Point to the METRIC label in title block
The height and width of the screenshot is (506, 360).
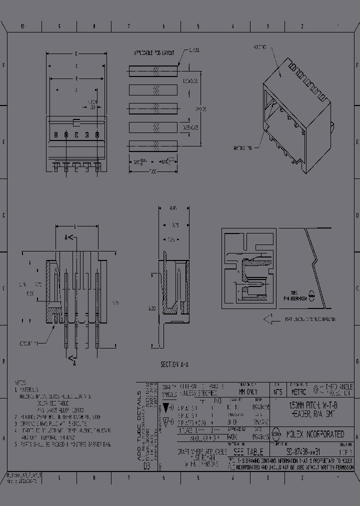pos(299,392)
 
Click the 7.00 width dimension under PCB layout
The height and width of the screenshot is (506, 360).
pos(153,171)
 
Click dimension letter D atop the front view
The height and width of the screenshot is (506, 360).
pos(76,53)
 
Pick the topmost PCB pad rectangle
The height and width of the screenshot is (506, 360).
pos(153,70)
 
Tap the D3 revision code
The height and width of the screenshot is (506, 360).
pos(147,466)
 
